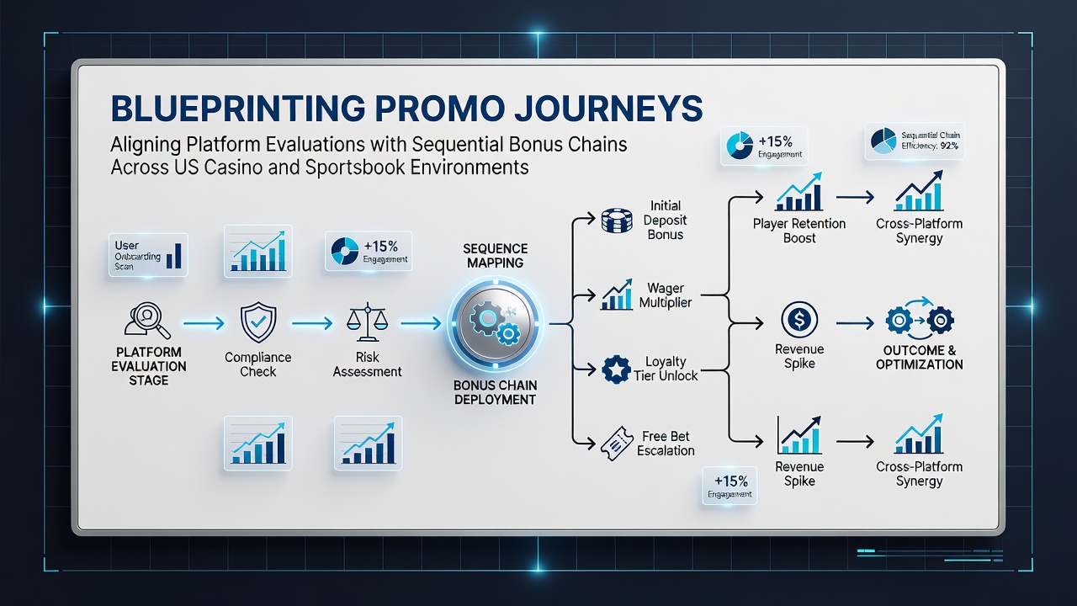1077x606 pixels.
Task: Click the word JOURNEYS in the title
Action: tap(607, 109)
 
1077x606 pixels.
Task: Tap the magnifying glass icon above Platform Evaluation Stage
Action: tap(147, 319)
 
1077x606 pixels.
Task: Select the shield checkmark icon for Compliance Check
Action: tap(258, 322)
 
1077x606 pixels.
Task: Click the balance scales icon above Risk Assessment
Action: tap(368, 322)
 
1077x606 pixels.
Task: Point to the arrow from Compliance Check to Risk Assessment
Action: tap(312, 323)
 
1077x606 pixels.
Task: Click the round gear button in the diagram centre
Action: tap(495, 323)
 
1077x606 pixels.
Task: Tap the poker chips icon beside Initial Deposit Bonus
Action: tap(617, 221)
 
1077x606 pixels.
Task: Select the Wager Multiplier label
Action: tap(666, 295)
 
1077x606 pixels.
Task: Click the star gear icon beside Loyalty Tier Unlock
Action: tap(617, 369)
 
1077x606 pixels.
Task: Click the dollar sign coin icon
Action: tap(799, 319)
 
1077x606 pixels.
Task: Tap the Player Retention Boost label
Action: tap(799, 231)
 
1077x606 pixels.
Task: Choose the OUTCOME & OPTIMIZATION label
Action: tap(920, 358)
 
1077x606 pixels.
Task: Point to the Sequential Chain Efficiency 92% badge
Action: tap(915, 141)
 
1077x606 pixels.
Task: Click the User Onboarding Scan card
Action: tap(148, 255)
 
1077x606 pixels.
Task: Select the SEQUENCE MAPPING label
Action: tap(496, 256)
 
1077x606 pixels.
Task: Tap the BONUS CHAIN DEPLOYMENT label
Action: tap(496, 392)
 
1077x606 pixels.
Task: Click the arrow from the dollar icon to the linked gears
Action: tap(855, 323)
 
